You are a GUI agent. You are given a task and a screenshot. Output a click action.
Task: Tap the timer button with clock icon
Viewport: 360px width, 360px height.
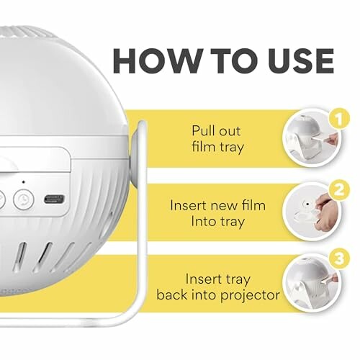pyautogui.click(x=24, y=199)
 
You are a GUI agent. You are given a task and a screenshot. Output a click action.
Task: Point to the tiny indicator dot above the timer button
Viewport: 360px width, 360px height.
pyautogui.click(x=23, y=181)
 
